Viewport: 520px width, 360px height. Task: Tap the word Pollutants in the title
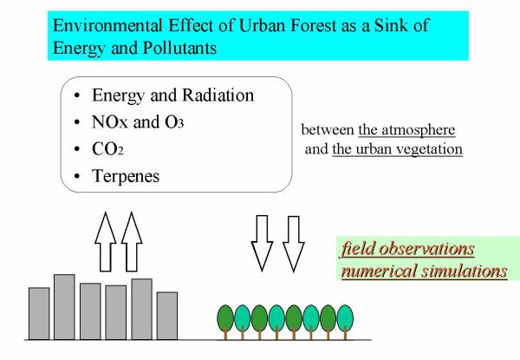click(180, 48)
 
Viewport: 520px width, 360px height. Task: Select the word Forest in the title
click(314, 25)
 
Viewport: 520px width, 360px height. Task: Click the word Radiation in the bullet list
click(218, 95)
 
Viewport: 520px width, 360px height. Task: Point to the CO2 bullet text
click(107, 149)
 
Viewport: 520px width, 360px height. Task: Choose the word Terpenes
click(126, 176)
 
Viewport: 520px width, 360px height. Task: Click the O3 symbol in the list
click(174, 122)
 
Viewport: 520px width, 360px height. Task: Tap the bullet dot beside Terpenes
click(77, 176)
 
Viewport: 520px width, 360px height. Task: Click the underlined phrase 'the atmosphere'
click(406, 130)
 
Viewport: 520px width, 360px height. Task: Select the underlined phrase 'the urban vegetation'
click(397, 149)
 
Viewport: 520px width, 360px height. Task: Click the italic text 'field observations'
click(407, 249)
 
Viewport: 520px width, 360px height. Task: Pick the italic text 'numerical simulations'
click(424, 271)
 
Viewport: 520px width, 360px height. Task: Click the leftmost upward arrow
click(106, 242)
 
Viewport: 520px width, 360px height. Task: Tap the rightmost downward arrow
click(294, 244)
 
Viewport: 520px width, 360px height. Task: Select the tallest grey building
click(64, 307)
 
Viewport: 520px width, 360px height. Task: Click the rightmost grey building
click(167, 316)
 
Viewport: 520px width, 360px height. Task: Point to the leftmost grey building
click(39, 313)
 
